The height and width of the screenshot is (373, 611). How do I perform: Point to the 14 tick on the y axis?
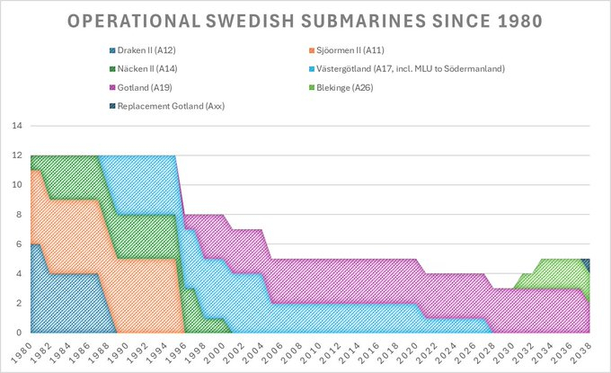click(16, 127)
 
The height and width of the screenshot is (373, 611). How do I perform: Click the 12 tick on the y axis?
click(16, 155)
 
